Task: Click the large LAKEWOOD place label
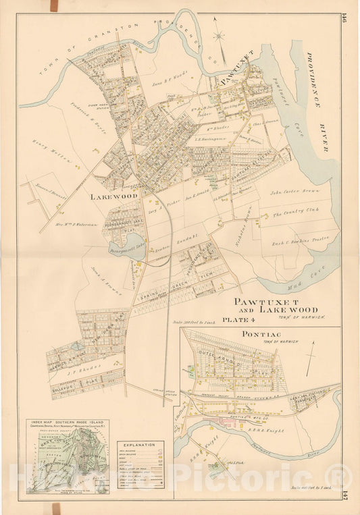coord(113,196)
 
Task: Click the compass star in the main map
coord(220,38)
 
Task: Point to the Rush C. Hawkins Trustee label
coord(294,242)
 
